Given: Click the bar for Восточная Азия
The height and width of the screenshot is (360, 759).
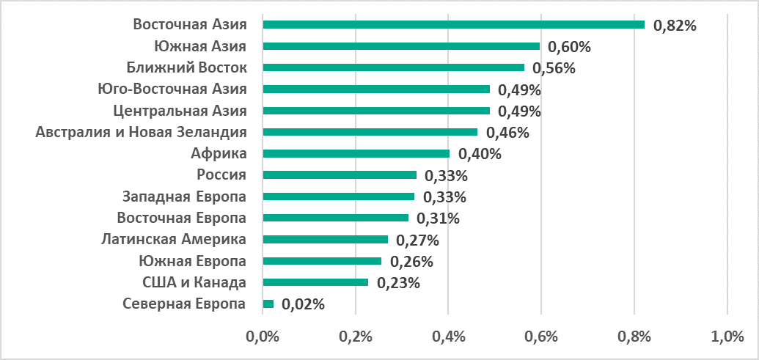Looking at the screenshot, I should (x=453, y=25).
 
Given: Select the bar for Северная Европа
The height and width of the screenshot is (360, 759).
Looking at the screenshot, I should (x=268, y=304).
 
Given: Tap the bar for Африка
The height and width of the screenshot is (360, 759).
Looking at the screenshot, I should (x=356, y=153).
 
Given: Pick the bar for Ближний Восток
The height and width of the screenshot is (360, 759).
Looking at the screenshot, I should (x=393, y=67).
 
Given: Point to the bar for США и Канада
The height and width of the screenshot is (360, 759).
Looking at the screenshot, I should (x=315, y=282).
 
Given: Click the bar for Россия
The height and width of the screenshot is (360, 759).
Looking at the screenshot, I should (x=340, y=175).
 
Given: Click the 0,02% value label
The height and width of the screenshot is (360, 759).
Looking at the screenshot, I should (x=303, y=304).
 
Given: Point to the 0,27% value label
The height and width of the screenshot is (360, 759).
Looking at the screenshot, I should (x=417, y=240).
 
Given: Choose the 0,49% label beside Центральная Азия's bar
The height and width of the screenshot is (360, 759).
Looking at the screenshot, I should (x=519, y=111).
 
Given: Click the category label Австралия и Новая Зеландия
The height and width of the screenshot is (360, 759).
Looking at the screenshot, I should (x=141, y=132).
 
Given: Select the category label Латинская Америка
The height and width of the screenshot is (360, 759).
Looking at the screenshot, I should (x=173, y=239).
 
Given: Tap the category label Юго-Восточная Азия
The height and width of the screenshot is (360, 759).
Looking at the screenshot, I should (x=172, y=89).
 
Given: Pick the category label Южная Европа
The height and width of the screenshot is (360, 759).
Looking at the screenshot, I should (x=192, y=261).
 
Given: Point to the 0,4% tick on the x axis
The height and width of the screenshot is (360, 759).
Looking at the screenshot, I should (x=448, y=337).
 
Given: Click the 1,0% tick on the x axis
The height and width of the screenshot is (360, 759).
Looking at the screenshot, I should (x=727, y=337).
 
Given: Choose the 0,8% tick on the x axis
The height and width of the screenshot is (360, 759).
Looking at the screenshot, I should (x=634, y=337).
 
